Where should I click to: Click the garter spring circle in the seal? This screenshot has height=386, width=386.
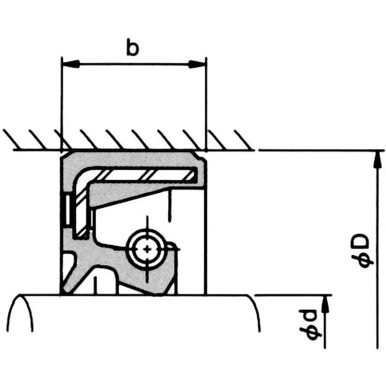(146, 248)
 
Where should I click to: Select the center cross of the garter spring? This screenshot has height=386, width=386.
(146, 249)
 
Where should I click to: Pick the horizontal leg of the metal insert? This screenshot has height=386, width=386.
(145, 174)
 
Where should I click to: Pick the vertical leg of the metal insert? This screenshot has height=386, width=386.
(81, 207)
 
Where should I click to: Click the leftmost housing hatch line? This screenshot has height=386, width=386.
(10, 138)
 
